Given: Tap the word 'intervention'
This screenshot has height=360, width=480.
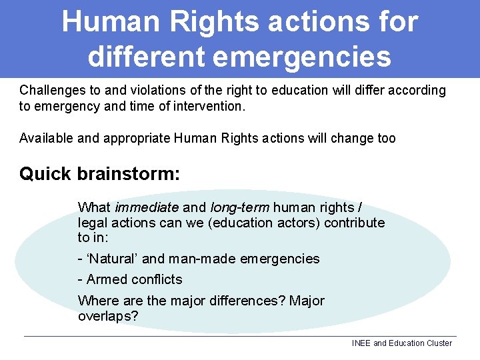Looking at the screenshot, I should pyautogui.click(x=209, y=106).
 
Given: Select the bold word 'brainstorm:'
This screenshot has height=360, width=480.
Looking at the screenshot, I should pyautogui.click(x=128, y=174).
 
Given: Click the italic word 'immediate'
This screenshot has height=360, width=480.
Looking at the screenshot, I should pyautogui.click(x=147, y=208).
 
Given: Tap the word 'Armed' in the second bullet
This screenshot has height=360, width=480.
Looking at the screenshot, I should pyautogui.click(x=105, y=279).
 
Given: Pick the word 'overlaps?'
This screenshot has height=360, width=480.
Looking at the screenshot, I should pyautogui.click(x=108, y=316).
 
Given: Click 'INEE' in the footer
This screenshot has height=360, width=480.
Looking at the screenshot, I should pyautogui.click(x=361, y=343).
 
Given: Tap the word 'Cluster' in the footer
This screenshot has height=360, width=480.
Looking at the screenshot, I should pyautogui.click(x=438, y=343).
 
